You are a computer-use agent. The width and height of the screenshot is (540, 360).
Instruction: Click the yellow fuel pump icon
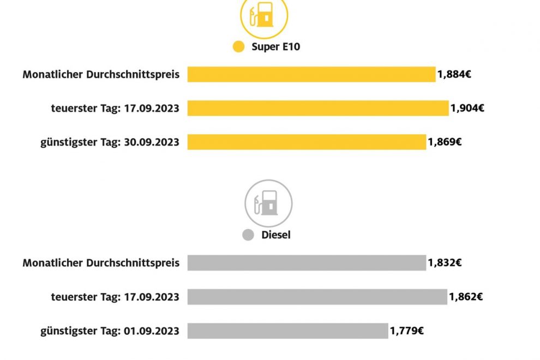tap(264, 15)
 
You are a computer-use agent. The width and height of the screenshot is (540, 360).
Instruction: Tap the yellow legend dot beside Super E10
tap(238, 47)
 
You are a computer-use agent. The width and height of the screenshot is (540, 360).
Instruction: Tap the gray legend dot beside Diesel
tap(248, 236)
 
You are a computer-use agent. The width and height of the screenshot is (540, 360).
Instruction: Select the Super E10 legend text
tap(275, 47)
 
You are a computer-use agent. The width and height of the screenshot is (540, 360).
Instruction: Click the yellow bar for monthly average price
tap(311, 74)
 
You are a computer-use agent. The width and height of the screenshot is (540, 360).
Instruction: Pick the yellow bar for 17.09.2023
tap(317, 108)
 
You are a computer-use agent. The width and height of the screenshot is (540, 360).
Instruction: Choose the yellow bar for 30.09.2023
tap(306, 142)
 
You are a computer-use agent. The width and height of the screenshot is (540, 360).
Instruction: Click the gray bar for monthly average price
tap(306, 263)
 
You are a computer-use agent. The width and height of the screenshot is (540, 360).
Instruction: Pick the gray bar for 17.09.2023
tap(317, 297)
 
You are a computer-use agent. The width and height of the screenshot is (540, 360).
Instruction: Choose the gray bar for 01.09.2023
tap(287, 331)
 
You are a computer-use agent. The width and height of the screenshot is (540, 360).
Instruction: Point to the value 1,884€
tap(454, 74)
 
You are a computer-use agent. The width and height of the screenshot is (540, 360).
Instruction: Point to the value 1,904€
tap(467, 108)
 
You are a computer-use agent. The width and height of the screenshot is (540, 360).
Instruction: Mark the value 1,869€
tap(445, 142)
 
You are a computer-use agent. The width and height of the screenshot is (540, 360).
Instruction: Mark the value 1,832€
tap(445, 263)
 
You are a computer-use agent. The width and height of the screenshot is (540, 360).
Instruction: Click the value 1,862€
tap(466, 297)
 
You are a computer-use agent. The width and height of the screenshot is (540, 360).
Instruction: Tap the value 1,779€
tap(407, 331)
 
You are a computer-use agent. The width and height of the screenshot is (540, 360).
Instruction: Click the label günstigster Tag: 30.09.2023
tap(110, 142)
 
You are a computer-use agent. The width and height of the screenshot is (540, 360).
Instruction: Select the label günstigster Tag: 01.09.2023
tap(110, 331)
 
